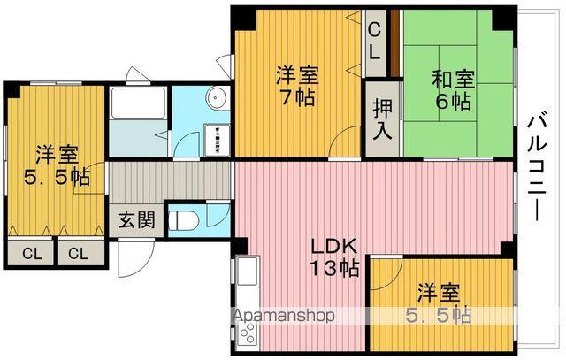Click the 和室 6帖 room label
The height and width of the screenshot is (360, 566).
click(x=453, y=88)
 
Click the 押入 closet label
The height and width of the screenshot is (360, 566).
click(x=381, y=118)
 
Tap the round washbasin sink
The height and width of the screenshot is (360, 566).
click(x=213, y=98)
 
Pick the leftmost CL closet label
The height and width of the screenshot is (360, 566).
click(x=32, y=254)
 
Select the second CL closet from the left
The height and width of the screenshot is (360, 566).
click(x=79, y=254)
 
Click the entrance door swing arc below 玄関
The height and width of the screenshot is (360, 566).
click(x=130, y=257)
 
